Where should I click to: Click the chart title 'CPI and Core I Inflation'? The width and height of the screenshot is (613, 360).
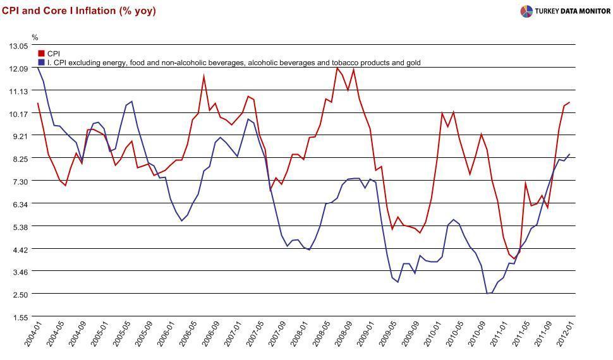pyautogui.click(x=59, y=11)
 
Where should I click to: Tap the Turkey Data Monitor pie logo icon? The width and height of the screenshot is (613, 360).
pyautogui.click(x=526, y=11)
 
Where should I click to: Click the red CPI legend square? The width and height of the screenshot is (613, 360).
pyautogui.click(x=42, y=54)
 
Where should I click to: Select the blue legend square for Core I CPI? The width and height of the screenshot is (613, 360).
pyautogui.click(x=42, y=63)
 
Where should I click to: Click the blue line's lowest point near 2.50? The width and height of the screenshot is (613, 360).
pyautogui.click(x=488, y=293)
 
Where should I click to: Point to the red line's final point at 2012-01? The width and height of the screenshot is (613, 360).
pyautogui.click(x=569, y=102)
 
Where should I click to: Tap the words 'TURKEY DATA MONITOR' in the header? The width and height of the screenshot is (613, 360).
pyautogui.click(x=573, y=11)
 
